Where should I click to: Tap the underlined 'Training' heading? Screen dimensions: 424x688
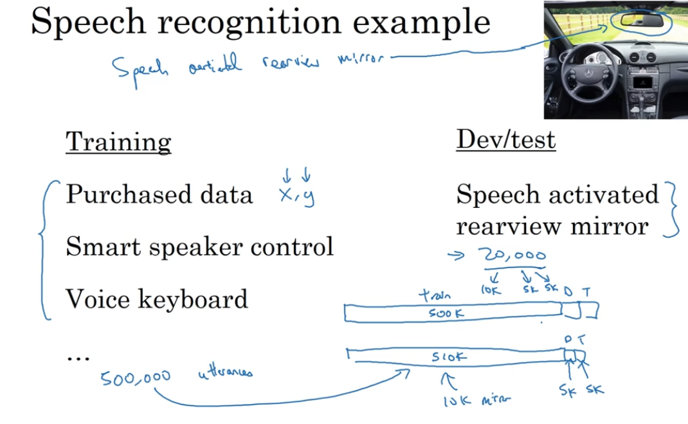[118, 142]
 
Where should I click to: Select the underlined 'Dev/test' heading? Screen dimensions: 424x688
[505, 140]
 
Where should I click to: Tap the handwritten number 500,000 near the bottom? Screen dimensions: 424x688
[135, 378]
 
